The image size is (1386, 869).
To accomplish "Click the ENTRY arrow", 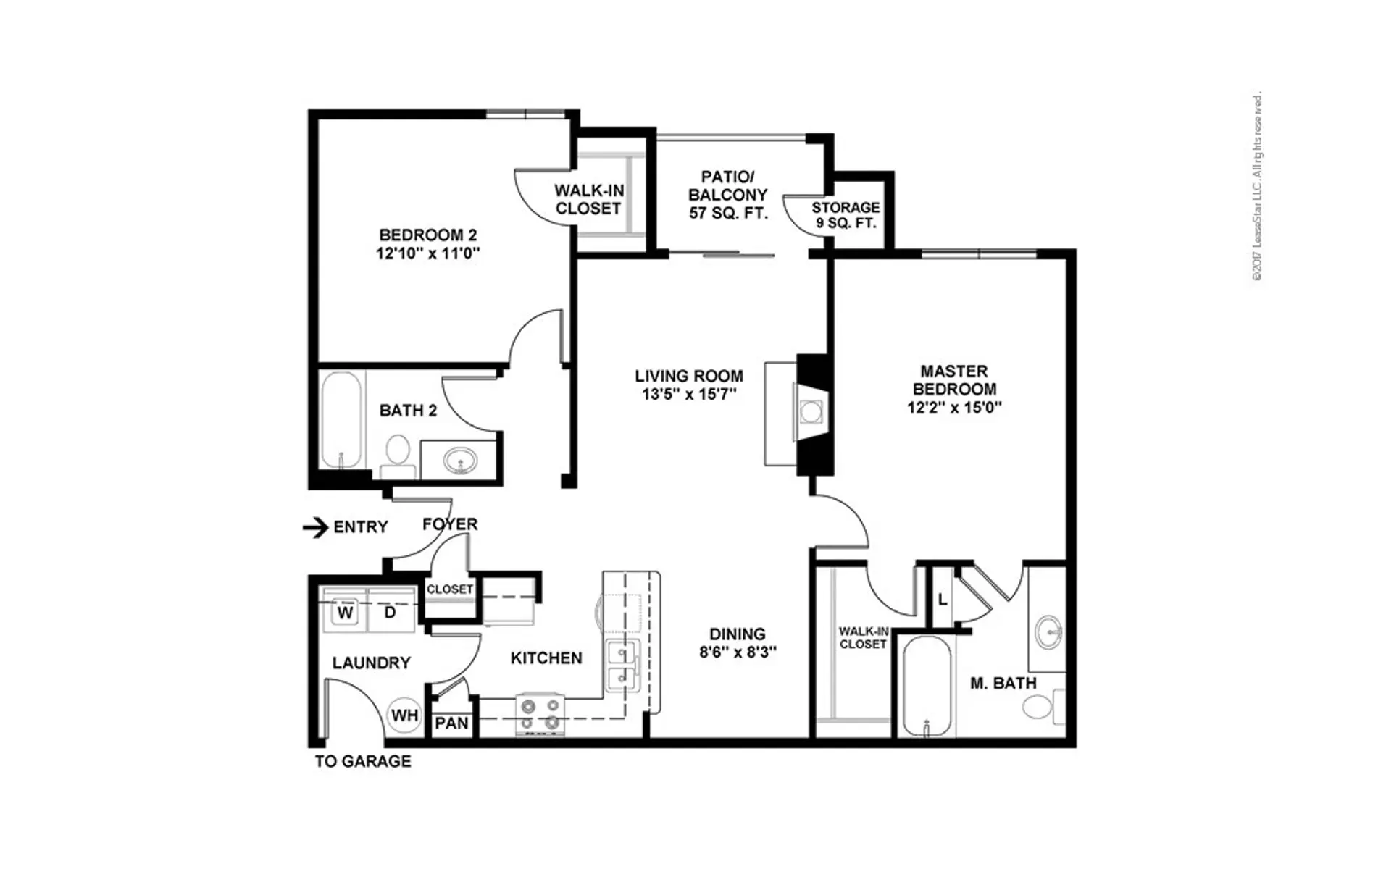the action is [x=315, y=527].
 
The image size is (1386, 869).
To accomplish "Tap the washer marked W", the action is [x=346, y=613].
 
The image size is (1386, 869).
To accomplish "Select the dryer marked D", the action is [x=391, y=612].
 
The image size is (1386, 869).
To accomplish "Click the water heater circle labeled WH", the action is [x=404, y=715].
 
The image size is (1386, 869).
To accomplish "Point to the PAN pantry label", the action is [x=451, y=723].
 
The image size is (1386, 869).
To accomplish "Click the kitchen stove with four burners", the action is [x=540, y=714].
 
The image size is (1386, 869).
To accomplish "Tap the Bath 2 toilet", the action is [x=397, y=456].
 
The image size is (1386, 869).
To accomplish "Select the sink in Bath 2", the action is [x=460, y=460].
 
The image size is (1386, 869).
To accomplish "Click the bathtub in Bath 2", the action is [x=341, y=420].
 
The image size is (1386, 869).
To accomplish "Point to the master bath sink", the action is [x=1048, y=631].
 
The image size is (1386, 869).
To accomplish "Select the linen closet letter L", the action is [x=942, y=600].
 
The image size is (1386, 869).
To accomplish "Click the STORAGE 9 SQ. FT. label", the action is [x=846, y=215].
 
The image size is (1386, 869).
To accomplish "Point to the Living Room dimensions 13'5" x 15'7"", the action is [x=689, y=395].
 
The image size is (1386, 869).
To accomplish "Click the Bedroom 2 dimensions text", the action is [x=428, y=253].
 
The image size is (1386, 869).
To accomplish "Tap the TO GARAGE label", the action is [x=363, y=761].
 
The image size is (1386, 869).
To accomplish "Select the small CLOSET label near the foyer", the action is [x=450, y=589].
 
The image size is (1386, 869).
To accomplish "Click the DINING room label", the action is [x=738, y=634].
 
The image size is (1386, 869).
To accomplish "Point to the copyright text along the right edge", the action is [x=1258, y=186].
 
